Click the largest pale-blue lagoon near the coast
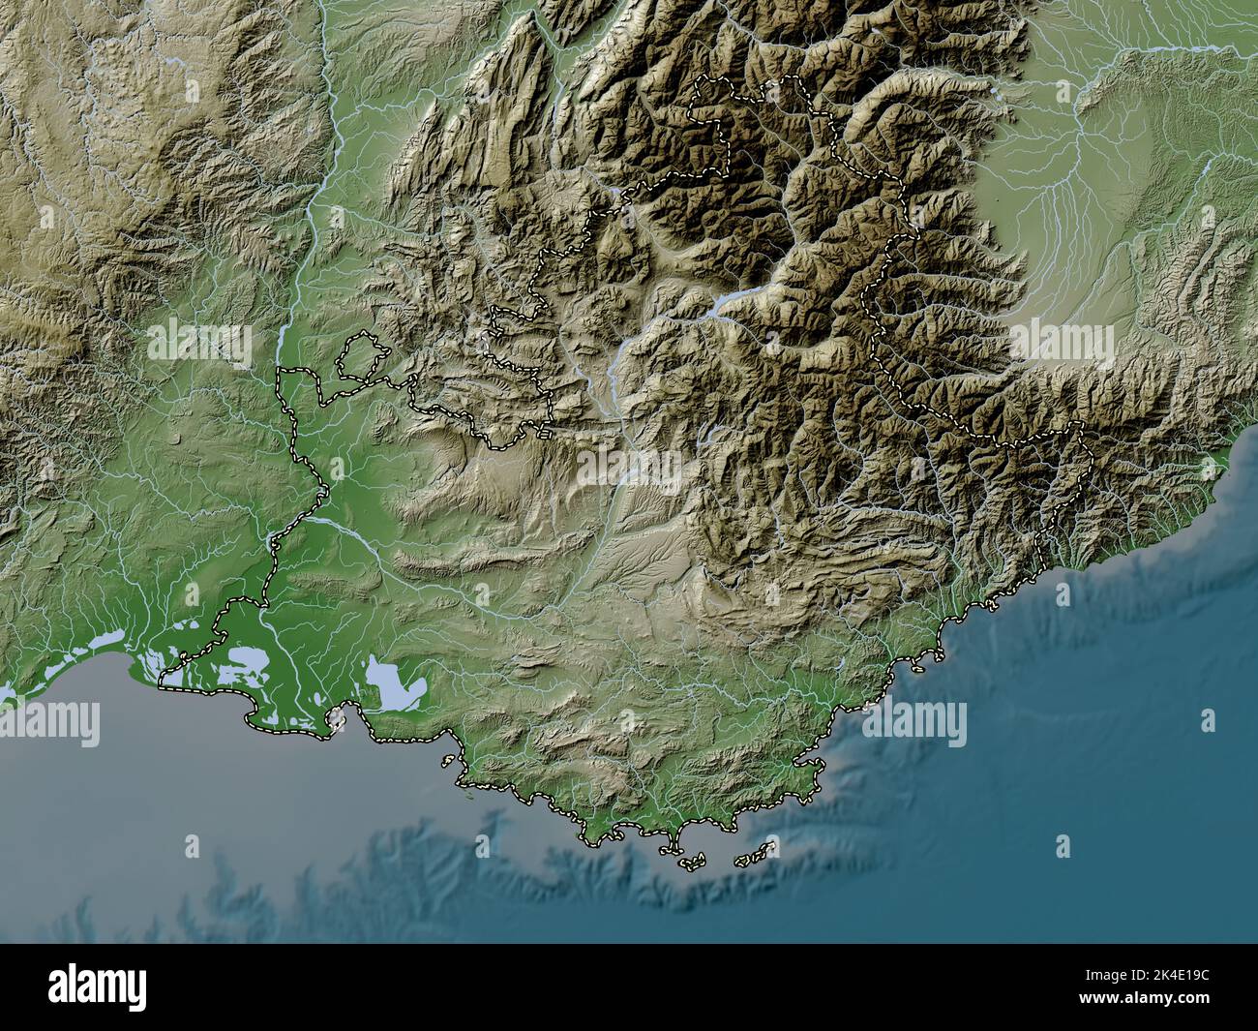[397, 683]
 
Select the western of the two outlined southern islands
[691, 862]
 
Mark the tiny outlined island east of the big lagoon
[337, 717]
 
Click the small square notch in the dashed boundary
[548, 435]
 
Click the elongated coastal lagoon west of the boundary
[97, 642]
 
